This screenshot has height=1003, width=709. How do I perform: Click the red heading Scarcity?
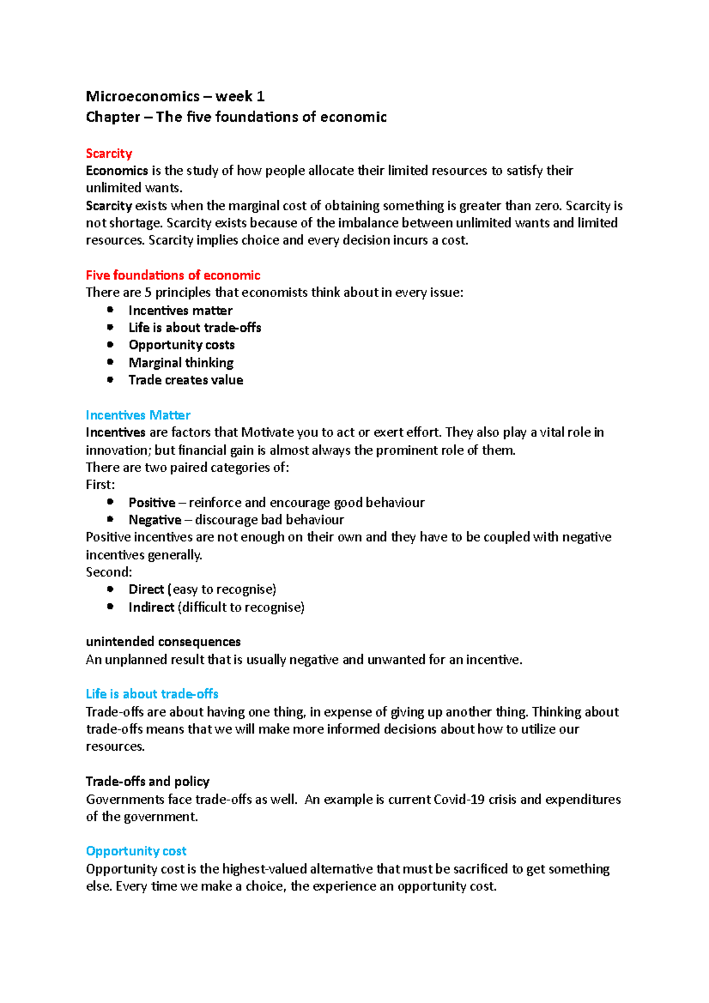[x=109, y=154]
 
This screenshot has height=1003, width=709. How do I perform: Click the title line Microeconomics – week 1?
[x=175, y=96]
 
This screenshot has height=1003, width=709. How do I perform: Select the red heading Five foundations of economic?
[x=173, y=275]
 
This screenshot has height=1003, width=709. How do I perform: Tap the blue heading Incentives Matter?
[x=138, y=415]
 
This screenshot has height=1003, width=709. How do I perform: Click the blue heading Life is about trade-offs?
[x=152, y=694]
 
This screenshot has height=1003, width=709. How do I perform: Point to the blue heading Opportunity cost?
[x=136, y=851]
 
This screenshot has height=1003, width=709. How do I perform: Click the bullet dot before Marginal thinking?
[x=110, y=362]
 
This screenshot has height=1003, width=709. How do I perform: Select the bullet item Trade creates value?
[x=186, y=380]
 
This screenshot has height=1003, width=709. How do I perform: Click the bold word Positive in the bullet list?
[x=152, y=503]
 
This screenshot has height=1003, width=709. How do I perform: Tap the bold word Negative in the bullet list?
[x=155, y=520]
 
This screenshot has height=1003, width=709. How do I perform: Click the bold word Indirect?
[x=151, y=607]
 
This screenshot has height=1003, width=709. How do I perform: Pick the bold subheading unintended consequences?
[x=163, y=641]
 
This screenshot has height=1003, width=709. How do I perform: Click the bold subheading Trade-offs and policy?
[x=148, y=781]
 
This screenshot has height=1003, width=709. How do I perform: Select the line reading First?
[x=100, y=485]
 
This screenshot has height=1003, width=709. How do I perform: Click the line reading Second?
[x=109, y=572]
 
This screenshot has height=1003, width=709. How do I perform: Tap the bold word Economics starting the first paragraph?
[x=116, y=171]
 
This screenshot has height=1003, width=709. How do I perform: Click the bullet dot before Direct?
[x=110, y=589]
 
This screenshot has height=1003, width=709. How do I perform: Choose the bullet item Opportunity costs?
[x=181, y=345]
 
